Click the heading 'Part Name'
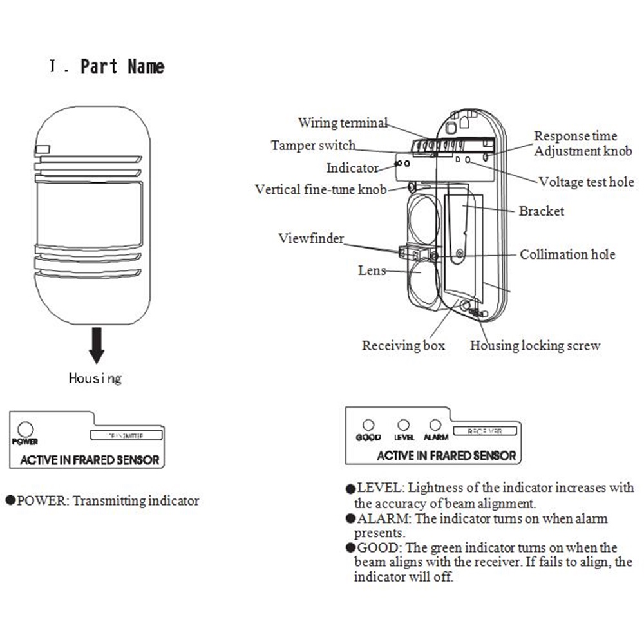pyautogui.click(x=122, y=67)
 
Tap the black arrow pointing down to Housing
pyautogui.click(x=97, y=345)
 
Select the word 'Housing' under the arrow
pyautogui.click(x=95, y=378)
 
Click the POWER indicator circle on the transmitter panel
pyautogui.click(x=25, y=429)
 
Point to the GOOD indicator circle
pyautogui.click(x=368, y=425)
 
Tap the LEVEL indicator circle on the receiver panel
pyautogui.click(x=404, y=425)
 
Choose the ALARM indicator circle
pyautogui.click(x=435, y=425)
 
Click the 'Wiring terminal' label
pyautogui.click(x=343, y=122)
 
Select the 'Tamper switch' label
pyautogui.click(x=313, y=146)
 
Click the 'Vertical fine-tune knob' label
pyautogui.click(x=321, y=189)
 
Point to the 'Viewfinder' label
pyautogui.click(x=311, y=238)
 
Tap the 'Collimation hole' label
pyautogui.click(x=567, y=254)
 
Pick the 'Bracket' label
pyautogui.click(x=541, y=211)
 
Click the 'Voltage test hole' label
pyautogui.click(x=586, y=182)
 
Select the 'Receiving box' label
pyautogui.click(x=403, y=346)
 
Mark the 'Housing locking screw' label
pyautogui.click(x=535, y=346)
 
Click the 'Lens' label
pyautogui.click(x=372, y=270)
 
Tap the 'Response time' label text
pyautogui.click(x=575, y=136)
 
